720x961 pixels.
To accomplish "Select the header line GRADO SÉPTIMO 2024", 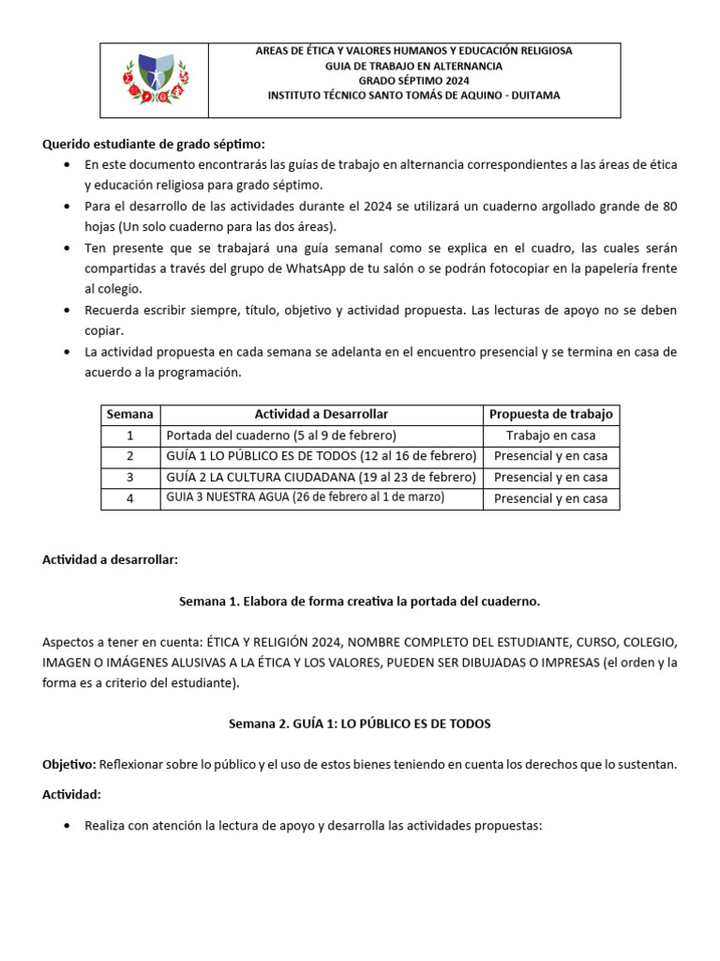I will tap(413, 81).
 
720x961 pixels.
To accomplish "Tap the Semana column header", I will tap(130, 414).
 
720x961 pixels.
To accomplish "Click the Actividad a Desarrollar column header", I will tap(321, 414).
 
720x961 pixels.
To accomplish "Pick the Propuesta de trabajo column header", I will tap(550, 414).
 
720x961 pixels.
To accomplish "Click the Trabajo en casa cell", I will tap(550, 435).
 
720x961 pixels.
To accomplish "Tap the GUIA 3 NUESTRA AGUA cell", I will tap(306, 497).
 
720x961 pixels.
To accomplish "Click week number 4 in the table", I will tap(130, 498).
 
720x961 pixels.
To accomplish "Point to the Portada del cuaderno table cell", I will tap(281, 435).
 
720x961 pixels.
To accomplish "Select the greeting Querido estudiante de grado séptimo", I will tap(154, 144).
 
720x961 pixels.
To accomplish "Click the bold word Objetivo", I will tap(68, 764).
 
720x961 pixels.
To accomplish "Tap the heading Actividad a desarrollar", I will tap(110, 559).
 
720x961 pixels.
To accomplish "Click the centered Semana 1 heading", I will tap(359, 601).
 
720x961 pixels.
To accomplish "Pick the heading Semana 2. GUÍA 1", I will tap(359, 724).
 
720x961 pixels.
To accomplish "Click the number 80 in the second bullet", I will tap(669, 206).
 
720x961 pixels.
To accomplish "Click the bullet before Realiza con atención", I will tap(67, 827).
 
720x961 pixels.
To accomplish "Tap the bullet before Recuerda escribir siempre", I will tap(67, 311).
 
